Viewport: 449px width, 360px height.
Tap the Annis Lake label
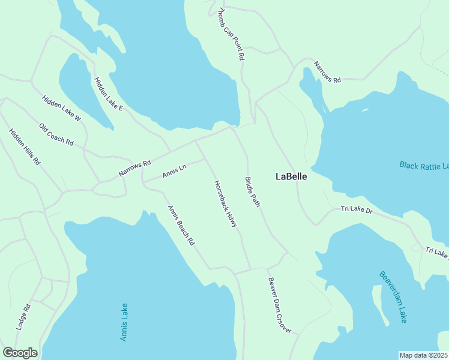pos(124,323)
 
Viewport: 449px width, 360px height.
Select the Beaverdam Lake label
pos(393,297)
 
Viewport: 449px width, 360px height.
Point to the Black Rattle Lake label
pos(424,165)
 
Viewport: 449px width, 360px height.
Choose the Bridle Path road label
pos(252,192)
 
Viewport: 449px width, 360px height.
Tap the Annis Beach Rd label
pos(181,226)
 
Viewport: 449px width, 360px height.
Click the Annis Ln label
pos(175,171)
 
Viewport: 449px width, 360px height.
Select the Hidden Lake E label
pos(108,94)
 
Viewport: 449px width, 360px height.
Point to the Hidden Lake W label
pos(61,109)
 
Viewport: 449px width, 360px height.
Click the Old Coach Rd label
pos(56,135)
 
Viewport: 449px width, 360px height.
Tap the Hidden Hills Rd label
pos(24,147)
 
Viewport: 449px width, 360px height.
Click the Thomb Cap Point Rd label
pos(231,34)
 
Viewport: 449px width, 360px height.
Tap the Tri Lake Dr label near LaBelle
pos(357,209)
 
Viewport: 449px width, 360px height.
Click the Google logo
pos(20,353)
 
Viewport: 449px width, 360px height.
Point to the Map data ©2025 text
pos(423,355)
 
